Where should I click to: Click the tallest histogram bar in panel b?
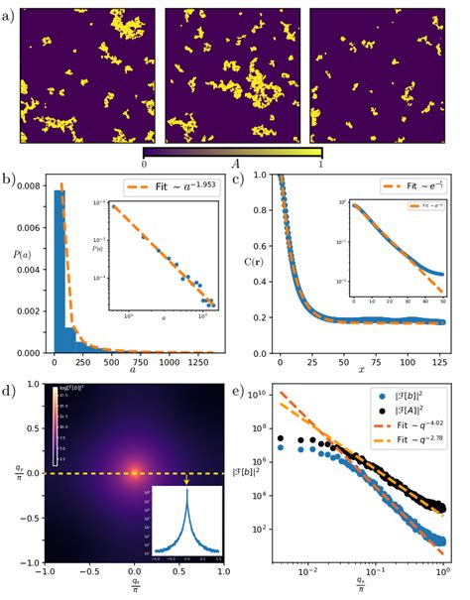(59, 268)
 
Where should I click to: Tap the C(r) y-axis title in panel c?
(252, 262)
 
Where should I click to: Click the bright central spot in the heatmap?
(134, 472)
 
